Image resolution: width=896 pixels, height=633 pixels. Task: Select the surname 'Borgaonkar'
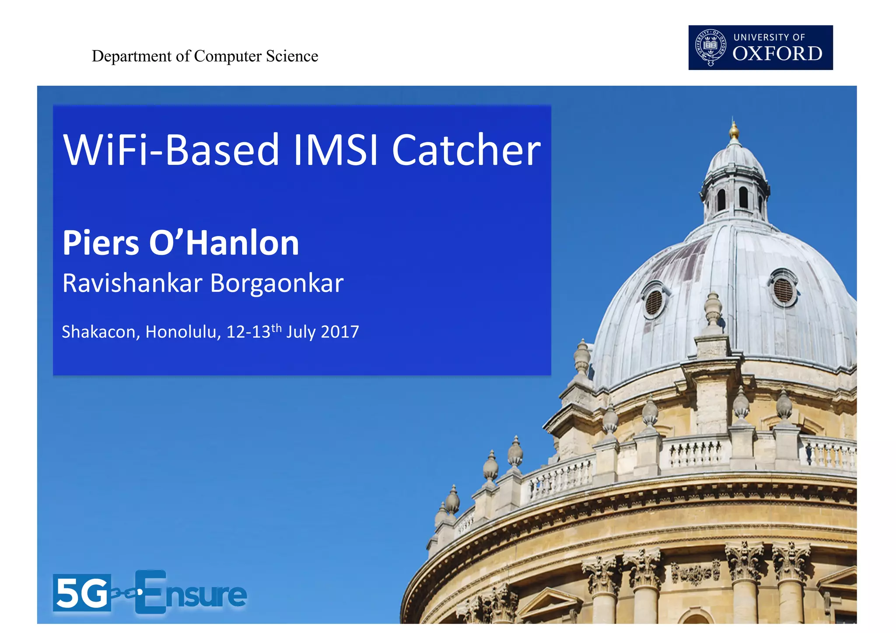(277, 283)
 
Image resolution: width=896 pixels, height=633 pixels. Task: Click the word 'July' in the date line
(301, 332)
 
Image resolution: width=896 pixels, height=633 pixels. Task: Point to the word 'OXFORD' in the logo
(777, 54)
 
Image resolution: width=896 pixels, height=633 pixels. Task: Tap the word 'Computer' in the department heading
(227, 56)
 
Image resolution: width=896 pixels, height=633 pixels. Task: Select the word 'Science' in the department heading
(292, 56)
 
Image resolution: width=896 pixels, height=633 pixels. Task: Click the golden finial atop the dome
(734, 130)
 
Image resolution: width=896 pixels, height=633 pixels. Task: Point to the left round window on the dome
(654, 301)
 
